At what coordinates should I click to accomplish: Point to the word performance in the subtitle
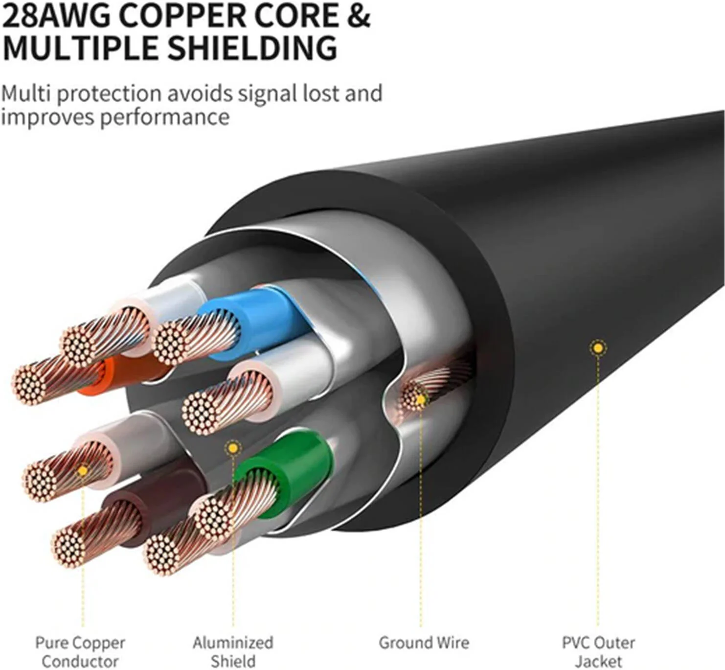164,117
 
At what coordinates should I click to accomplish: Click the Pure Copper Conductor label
80,651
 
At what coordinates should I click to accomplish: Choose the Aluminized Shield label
233,651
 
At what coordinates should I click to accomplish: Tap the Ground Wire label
424,642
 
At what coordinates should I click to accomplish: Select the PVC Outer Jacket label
598,651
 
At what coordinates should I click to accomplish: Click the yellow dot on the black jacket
597,348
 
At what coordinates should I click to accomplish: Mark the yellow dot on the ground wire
420,400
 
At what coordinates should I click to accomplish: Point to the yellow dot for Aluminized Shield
233,448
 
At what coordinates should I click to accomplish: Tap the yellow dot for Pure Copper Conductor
83,471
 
